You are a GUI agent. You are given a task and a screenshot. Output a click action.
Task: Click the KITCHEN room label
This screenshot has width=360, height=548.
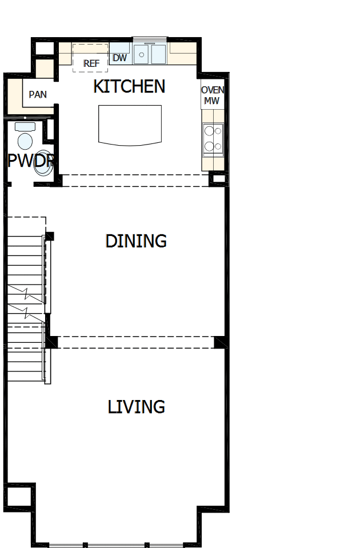(x=129, y=86)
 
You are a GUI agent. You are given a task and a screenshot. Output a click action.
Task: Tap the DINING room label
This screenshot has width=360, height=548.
(x=136, y=241)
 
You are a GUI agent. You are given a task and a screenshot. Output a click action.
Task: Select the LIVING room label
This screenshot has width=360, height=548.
(x=137, y=407)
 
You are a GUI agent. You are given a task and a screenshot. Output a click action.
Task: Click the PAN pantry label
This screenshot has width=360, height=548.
(x=38, y=94)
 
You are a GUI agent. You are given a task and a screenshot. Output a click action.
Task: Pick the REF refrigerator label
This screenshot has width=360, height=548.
(x=91, y=63)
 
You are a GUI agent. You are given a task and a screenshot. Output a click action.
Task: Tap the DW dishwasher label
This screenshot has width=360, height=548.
(x=119, y=58)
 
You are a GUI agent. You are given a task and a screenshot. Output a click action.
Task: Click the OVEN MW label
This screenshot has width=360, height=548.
(x=213, y=95)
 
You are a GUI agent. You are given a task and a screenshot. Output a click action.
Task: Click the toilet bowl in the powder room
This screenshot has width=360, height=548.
(x=25, y=141)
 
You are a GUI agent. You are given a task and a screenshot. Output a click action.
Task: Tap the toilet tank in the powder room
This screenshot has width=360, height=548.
(x=25, y=126)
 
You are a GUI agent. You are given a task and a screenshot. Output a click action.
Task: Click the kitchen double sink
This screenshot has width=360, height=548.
(x=150, y=55)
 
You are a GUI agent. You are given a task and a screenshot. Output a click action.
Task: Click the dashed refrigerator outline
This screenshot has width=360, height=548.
(x=90, y=57)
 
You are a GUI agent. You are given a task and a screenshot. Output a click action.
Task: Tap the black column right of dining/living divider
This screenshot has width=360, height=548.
(x=219, y=342)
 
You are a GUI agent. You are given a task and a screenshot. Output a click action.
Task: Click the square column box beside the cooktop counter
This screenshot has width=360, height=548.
(x=218, y=179)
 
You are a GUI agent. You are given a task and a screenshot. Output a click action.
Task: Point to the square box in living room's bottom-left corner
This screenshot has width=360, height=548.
(x=17, y=496)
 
